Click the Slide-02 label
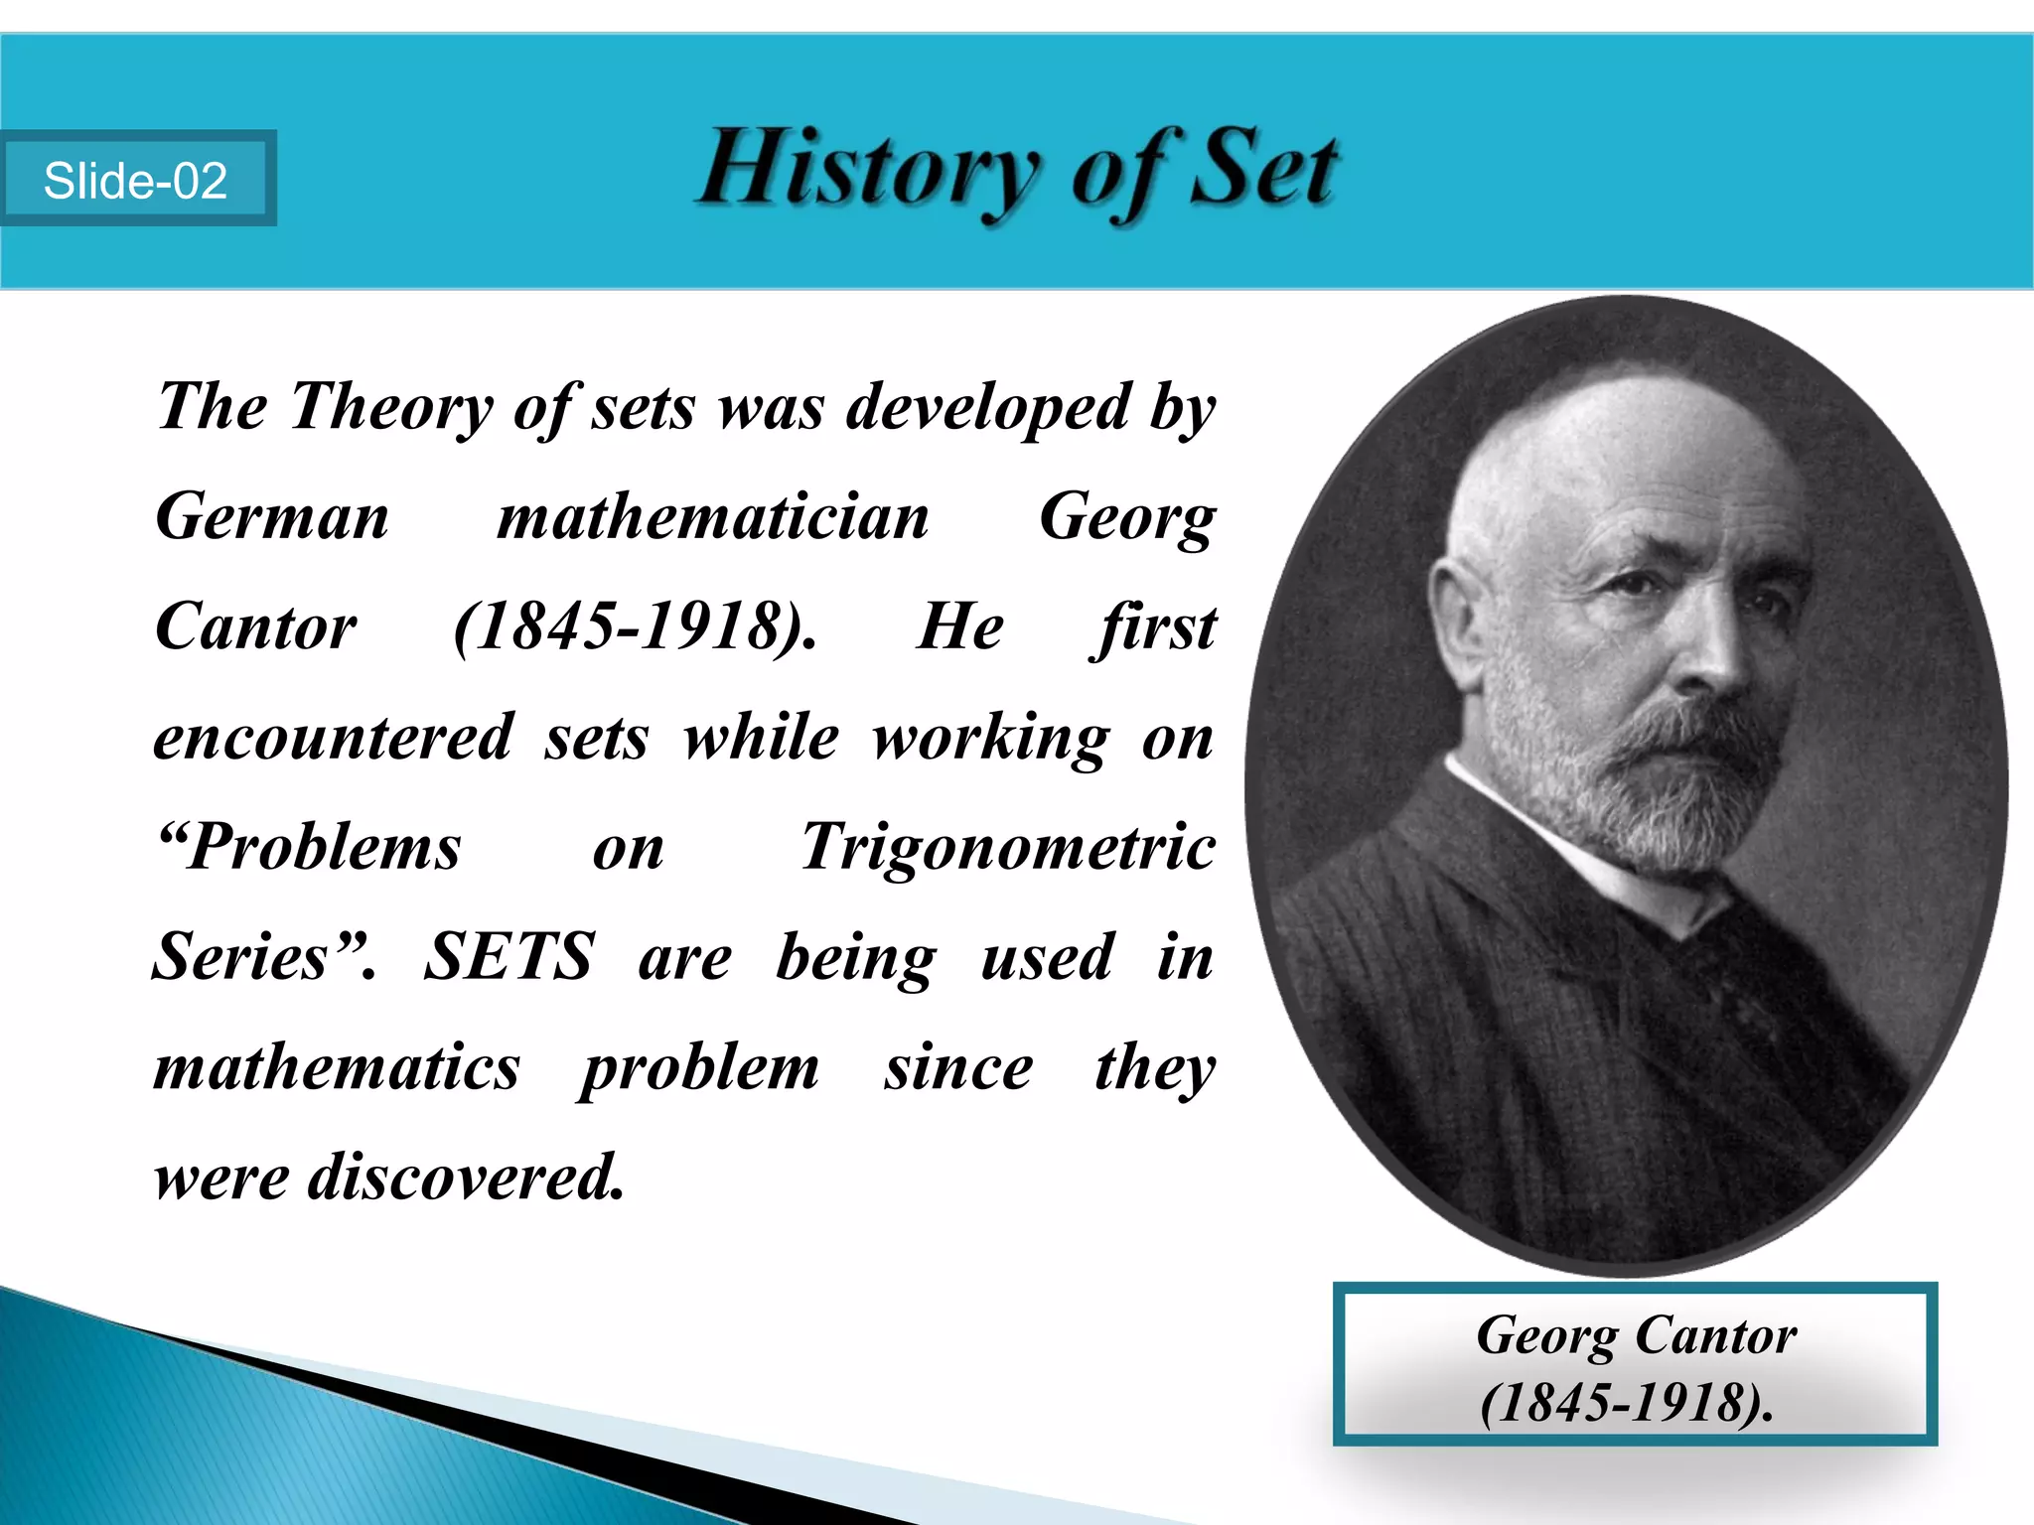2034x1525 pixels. point(136,181)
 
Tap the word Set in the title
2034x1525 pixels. point(1263,169)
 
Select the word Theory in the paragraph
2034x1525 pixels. point(391,407)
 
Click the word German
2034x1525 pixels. point(272,518)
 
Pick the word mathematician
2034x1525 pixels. point(713,518)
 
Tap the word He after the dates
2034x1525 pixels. point(959,627)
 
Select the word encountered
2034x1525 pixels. point(334,738)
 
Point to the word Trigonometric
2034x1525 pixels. point(1008,848)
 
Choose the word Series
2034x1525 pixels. point(241,957)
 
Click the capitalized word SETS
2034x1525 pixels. point(508,957)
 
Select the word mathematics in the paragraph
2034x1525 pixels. point(337,1068)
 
